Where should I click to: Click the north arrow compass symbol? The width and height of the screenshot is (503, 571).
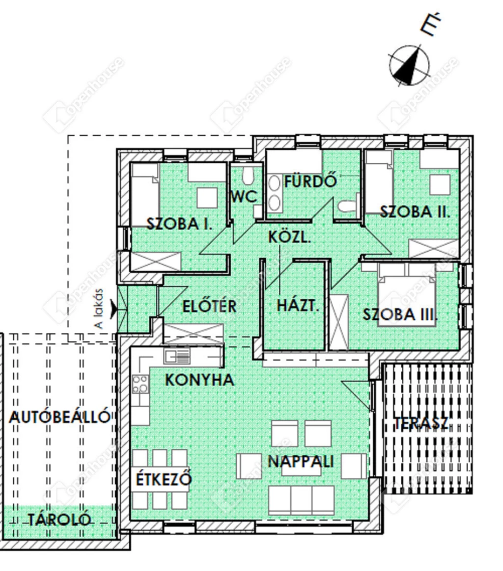(409, 65)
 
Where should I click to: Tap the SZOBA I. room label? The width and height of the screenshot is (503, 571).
(180, 224)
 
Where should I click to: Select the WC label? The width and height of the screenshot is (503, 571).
(244, 197)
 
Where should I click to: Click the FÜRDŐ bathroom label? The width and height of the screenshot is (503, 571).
(310, 182)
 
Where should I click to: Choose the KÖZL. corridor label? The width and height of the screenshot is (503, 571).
(289, 237)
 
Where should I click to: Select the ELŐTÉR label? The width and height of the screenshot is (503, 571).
(210, 306)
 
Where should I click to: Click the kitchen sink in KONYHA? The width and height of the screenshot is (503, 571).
(177, 357)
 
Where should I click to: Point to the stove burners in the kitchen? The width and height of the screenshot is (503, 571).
(140, 383)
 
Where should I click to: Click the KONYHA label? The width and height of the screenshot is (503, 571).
(199, 379)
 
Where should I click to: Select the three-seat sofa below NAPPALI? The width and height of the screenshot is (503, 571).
(301, 500)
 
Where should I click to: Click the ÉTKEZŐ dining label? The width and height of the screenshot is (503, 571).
(164, 479)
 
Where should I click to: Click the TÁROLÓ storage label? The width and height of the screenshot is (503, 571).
(59, 519)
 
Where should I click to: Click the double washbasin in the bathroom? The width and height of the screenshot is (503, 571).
(274, 194)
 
